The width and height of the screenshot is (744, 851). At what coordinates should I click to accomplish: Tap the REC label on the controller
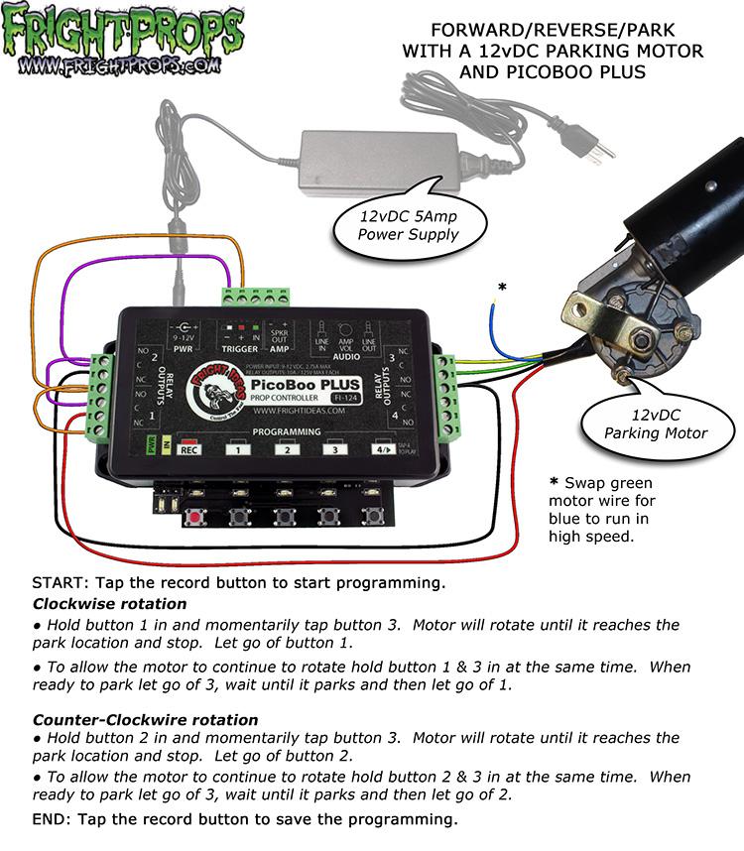187,449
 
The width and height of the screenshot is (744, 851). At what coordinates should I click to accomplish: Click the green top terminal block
256,297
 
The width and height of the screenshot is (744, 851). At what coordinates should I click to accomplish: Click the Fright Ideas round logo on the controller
209,390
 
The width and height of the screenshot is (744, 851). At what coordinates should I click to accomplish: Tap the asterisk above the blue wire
503,288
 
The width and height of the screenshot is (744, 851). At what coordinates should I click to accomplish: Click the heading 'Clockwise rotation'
109,604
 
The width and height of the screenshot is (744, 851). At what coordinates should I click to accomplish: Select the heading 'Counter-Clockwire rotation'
145,719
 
